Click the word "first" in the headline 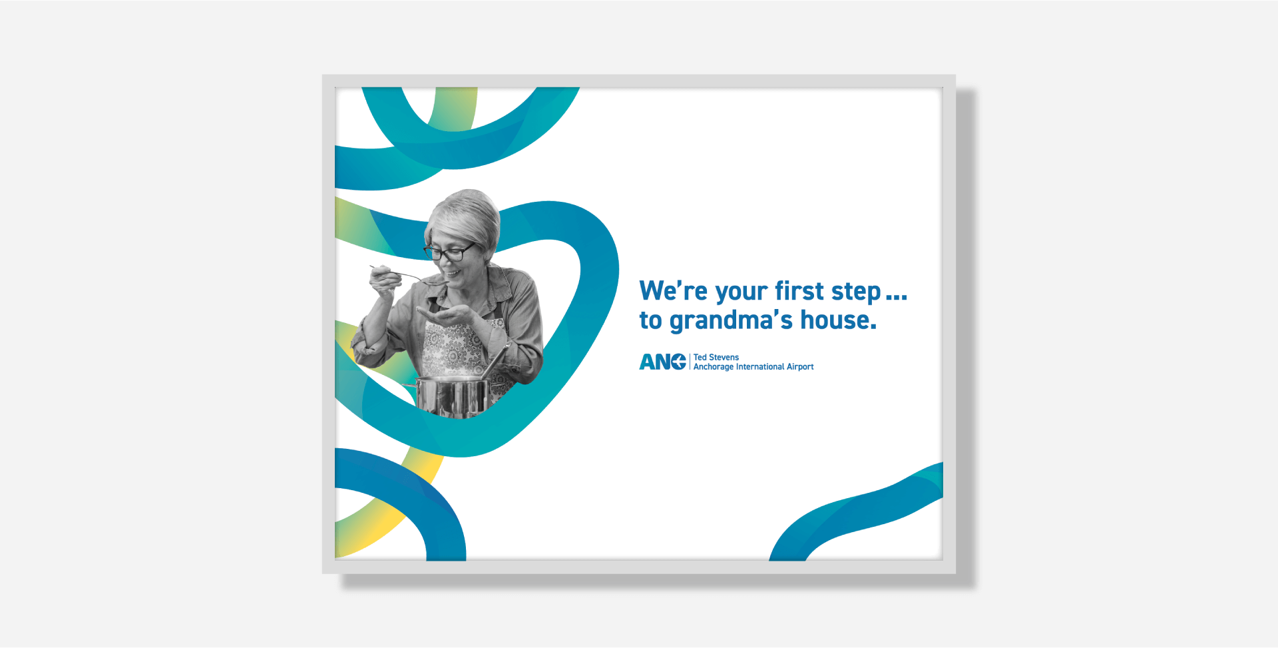(x=799, y=291)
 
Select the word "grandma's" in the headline (x=731, y=321)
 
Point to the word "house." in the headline (x=838, y=320)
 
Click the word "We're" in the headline (x=673, y=291)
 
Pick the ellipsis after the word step (x=896, y=298)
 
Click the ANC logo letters (x=662, y=362)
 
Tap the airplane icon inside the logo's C (x=679, y=362)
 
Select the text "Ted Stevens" (x=716, y=357)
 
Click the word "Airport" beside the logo (x=800, y=367)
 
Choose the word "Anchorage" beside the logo (x=714, y=367)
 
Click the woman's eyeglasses (x=449, y=252)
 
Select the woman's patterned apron (x=459, y=346)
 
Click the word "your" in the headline (x=742, y=293)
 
